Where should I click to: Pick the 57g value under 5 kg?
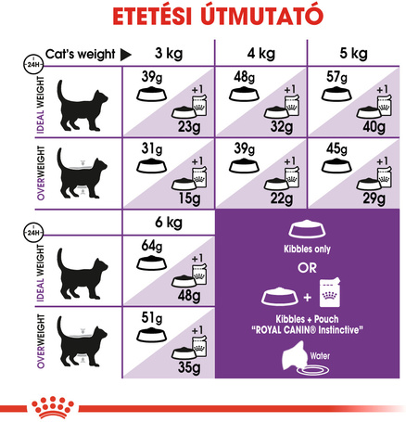[x=336, y=76]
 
